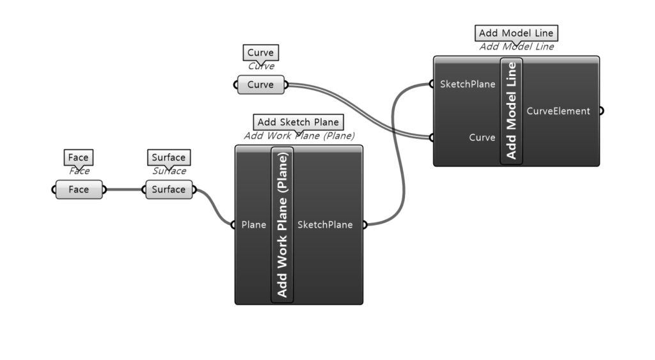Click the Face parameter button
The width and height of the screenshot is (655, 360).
79,189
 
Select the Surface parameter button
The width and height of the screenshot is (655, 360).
168,189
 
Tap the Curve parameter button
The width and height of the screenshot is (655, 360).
260,84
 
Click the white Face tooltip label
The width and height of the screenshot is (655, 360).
79,157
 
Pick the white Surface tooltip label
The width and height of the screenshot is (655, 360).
168,157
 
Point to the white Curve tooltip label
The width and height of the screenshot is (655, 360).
260,52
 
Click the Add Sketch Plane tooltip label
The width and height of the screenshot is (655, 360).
298,122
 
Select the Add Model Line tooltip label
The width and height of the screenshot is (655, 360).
517,33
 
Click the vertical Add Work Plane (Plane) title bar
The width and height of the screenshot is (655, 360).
282,224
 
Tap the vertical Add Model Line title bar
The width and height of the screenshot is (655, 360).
511,111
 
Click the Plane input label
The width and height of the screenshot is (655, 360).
254,224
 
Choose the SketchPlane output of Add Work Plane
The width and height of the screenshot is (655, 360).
325,224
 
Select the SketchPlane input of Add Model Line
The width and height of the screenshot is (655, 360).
468,84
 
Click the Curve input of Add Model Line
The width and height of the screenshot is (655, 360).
482,137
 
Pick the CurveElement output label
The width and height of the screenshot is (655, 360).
558,111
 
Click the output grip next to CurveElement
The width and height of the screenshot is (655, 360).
601,111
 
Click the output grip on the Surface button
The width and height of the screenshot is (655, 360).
194,189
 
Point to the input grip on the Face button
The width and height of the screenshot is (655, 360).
54,189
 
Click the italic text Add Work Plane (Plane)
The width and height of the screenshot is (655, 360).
299,136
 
